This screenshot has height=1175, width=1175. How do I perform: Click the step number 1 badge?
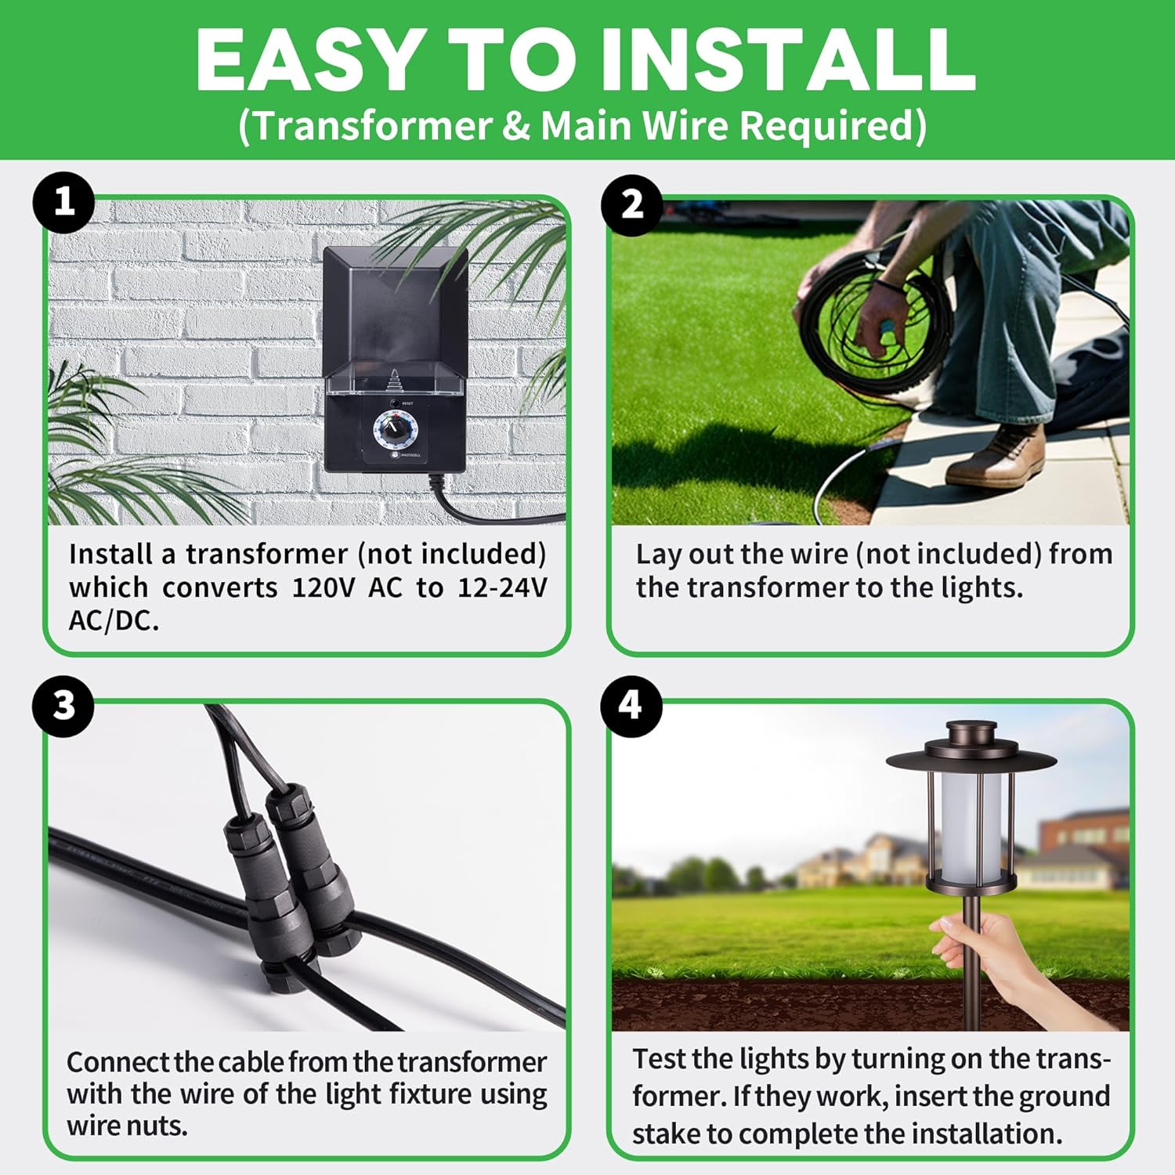pyautogui.click(x=64, y=203)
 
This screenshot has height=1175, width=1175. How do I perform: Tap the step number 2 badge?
pyautogui.click(x=632, y=204)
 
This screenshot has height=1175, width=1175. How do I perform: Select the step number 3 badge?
pyautogui.click(x=64, y=706)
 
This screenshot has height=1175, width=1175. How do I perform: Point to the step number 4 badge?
pyautogui.click(x=632, y=706)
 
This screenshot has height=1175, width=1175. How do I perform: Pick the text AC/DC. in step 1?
pyautogui.click(x=114, y=621)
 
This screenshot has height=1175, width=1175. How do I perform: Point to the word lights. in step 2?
pyautogui.click(x=982, y=588)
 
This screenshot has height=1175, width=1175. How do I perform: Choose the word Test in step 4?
pyautogui.click(x=660, y=1059)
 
